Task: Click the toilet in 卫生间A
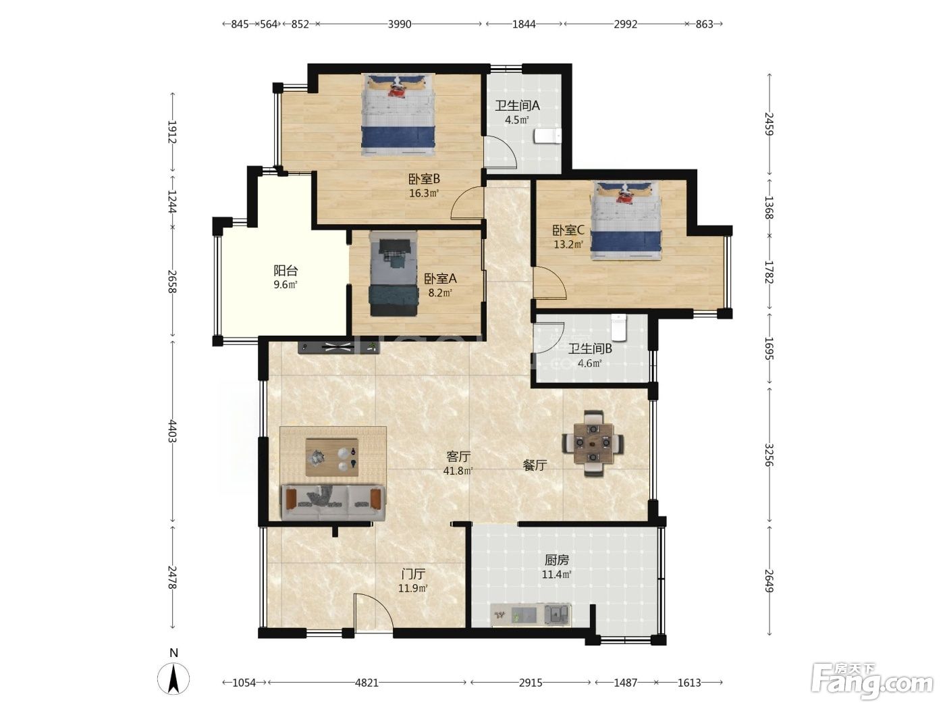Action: point(547,136)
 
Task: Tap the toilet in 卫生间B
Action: point(619,327)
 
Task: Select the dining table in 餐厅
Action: point(593,442)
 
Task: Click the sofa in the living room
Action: point(333,502)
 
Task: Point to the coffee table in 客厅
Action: point(332,457)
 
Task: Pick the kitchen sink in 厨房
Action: point(557,614)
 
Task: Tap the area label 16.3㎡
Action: point(424,193)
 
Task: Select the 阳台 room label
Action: point(286,271)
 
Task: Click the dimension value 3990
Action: point(400,24)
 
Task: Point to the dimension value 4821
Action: point(367,682)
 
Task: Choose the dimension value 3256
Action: point(769,455)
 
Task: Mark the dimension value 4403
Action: point(172,431)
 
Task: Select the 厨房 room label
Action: point(557,560)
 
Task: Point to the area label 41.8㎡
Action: point(458,471)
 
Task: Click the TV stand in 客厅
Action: point(339,347)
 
